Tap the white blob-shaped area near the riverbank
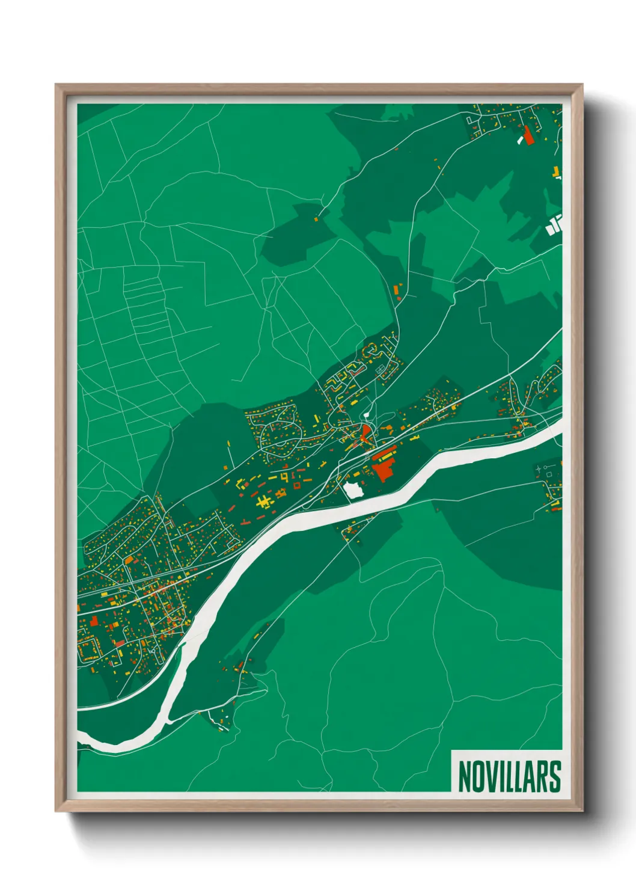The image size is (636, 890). click(x=354, y=489)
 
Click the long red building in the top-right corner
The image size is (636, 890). click(x=528, y=135)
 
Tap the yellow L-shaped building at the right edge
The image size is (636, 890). click(x=557, y=173)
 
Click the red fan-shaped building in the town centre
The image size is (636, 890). click(x=365, y=432)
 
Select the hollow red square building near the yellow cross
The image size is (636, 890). click(x=296, y=485)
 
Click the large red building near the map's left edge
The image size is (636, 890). click(x=94, y=621)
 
